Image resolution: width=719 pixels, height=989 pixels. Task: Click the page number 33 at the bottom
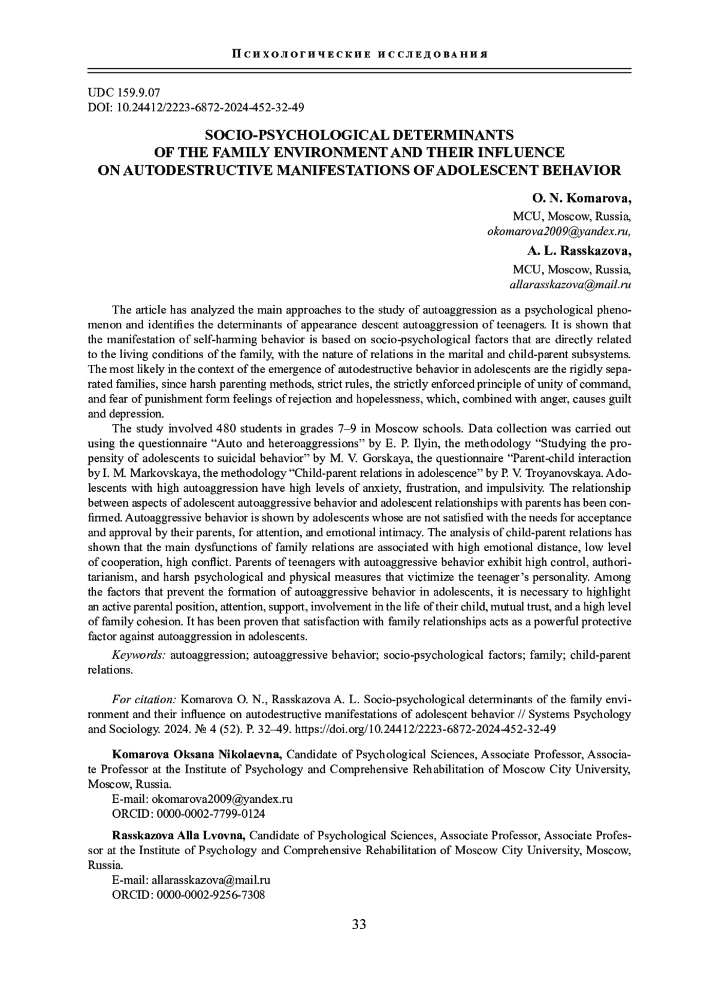pos(359,941)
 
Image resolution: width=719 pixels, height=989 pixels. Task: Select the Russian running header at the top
pos(359,54)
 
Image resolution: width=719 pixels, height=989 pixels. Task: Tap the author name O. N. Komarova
pos(581,198)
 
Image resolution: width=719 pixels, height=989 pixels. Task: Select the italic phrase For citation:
pos(144,699)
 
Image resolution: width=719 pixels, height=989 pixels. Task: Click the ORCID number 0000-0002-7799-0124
pos(210,813)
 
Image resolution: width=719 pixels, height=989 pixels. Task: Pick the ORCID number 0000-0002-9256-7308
pos(210,895)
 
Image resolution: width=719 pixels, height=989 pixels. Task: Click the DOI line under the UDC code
pos(196,108)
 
